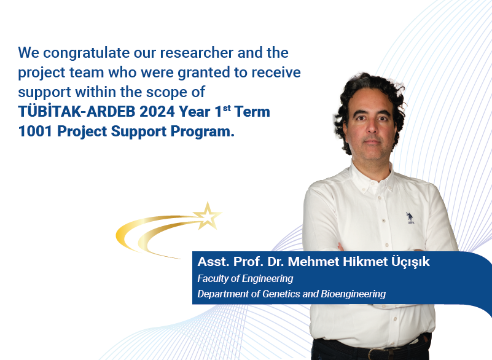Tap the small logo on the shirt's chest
coord(409,218)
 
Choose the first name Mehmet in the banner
coord(310,262)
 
